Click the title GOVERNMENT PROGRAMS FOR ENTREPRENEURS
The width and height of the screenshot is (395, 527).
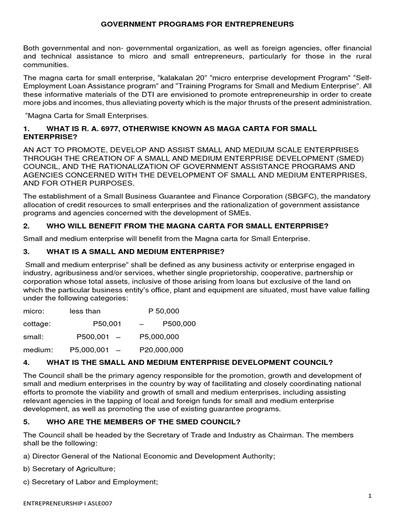pos(197,24)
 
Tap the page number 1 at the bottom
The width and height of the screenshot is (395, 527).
pos(369,495)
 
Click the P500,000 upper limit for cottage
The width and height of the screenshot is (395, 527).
pos(179,324)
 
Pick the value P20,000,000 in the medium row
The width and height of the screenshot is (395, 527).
pos(161,349)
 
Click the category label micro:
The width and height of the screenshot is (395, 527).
pos(34,311)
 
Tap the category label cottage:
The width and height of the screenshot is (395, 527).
pos(37,324)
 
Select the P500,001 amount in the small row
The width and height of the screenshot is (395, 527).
pos(93,337)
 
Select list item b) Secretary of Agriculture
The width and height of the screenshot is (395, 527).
pos(69,469)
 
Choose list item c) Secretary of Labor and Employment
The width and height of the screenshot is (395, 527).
pos(91,482)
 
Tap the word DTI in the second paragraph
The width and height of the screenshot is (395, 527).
pos(142,94)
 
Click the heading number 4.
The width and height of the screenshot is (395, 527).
pos(26,362)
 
